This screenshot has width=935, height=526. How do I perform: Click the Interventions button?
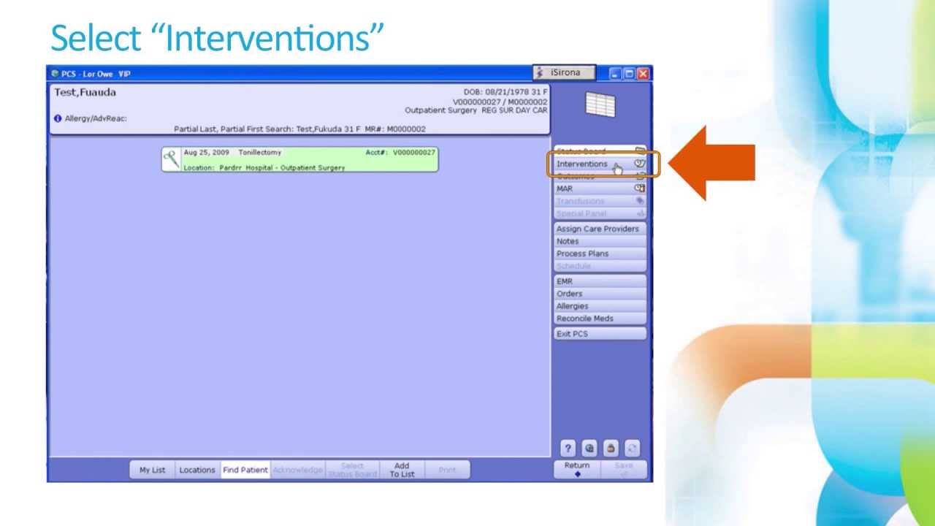pyautogui.click(x=583, y=164)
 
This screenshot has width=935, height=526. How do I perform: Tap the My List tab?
pyautogui.click(x=153, y=470)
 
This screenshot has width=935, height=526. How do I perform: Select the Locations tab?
pyautogui.click(x=197, y=470)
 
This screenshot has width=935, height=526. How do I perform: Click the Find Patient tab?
pyautogui.click(x=245, y=470)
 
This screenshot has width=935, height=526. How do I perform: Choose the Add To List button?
pyautogui.click(x=402, y=470)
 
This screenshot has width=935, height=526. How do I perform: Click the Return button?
pyautogui.click(x=577, y=469)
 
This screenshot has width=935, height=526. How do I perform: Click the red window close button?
pyautogui.click(x=643, y=74)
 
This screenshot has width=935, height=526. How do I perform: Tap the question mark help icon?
pyautogui.click(x=568, y=449)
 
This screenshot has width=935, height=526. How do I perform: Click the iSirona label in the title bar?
pyautogui.click(x=565, y=73)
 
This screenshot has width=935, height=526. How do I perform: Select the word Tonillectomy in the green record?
pyautogui.click(x=259, y=153)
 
